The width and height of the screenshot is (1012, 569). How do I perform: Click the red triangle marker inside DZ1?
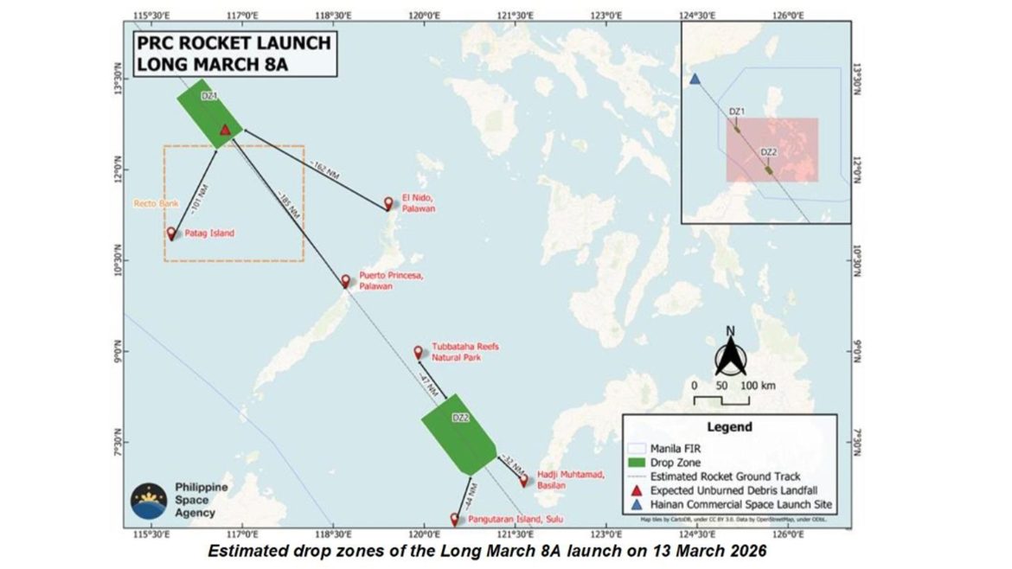point(225,130)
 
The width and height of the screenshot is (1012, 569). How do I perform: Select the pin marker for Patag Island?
point(171,233)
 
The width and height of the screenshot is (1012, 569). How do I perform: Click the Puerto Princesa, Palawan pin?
point(346,281)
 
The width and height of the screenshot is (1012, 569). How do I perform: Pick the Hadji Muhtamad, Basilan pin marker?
point(523,479)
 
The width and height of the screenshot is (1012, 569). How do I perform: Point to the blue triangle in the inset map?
point(695,80)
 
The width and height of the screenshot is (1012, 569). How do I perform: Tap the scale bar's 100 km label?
point(755,384)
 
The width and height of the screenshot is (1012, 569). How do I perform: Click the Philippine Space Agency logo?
point(150,500)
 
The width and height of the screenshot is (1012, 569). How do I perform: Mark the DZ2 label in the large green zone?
point(460,418)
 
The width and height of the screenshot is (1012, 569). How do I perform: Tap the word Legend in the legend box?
point(730,426)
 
